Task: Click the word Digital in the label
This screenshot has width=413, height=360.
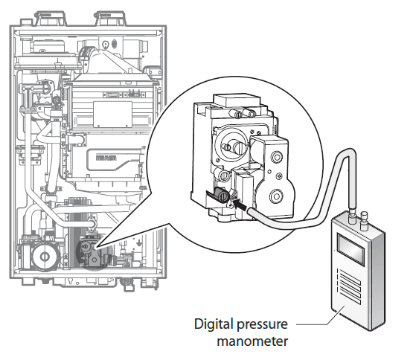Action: (214, 324)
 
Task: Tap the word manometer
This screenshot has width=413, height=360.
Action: (252, 341)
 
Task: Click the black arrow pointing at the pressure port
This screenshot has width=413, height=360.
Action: (240, 204)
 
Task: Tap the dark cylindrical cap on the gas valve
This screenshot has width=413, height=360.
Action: (221, 194)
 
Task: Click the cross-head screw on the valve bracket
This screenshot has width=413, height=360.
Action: (278, 176)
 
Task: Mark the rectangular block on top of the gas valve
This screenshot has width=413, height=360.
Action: (237, 100)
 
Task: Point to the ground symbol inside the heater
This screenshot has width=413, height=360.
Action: (139, 242)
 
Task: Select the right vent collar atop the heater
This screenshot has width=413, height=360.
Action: (111, 19)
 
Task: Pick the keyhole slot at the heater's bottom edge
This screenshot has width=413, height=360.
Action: (71, 280)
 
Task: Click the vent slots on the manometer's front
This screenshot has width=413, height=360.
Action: (349, 286)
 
